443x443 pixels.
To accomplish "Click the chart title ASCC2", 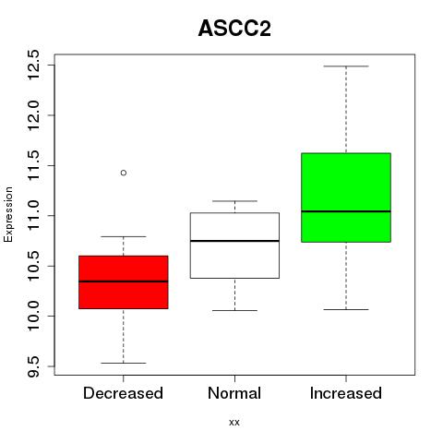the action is tap(234, 29).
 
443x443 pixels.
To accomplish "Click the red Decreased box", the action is tap(124, 282).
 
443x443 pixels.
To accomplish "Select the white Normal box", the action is tap(234, 245).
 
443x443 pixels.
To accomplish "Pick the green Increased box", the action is tap(346, 198).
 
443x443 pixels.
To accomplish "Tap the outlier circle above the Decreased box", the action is tap(124, 173).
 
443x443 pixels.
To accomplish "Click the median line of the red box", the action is tap(124, 281).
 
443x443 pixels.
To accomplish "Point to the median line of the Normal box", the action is tap(234, 241).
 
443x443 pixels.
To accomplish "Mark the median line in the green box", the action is tap(346, 211).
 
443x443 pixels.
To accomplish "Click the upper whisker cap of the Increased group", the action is tap(346, 66).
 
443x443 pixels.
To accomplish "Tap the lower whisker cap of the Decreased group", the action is tap(124, 363).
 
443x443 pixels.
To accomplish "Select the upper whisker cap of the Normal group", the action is tap(234, 201).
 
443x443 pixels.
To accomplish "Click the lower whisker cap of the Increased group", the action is tap(346, 309).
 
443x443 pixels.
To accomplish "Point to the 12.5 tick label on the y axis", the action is tap(33, 65).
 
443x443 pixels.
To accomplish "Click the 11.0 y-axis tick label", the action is tap(33, 215).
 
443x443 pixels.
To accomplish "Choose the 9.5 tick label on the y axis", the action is tap(33, 366).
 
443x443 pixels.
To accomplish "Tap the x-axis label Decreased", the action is tap(123, 393).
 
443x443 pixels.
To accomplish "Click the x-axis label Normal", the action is tap(234, 393).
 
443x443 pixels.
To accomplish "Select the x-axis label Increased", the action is tap(346, 393).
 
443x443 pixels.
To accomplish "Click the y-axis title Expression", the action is tap(8, 215).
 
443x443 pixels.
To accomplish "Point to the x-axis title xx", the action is tap(234, 423).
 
